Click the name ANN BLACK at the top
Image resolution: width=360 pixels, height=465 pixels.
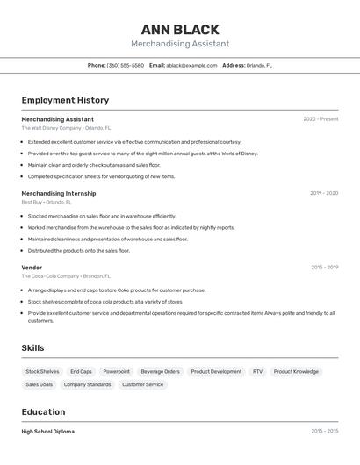pyautogui.click(x=180, y=30)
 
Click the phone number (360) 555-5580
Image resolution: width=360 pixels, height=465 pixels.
pyautogui.click(x=126, y=65)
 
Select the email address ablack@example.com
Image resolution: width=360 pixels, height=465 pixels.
pyautogui.click(x=191, y=65)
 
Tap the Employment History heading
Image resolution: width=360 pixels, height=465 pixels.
pyautogui.click(x=65, y=101)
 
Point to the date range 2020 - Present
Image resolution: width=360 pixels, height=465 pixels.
pyautogui.click(x=320, y=119)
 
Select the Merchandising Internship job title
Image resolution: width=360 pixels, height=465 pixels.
pyautogui.click(x=59, y=193)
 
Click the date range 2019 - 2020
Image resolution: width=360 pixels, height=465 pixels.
pyautogui.click(x=324, y=193)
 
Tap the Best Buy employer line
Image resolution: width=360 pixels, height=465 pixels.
pyautogui.click(x=47, y=202)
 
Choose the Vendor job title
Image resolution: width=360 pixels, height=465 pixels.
pyautogui.click(x=32, y=268)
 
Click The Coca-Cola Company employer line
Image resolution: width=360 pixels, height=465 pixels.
pyautogui.click(x=66, y=276)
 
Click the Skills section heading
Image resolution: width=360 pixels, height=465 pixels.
pyautogui.click(x=32, y=348)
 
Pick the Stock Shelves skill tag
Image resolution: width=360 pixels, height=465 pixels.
pyautogui.click(x=42, y=371)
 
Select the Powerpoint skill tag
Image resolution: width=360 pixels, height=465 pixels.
pyautogui.click(x=116, y=371)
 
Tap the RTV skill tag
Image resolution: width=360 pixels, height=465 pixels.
pyautogui.click(x=257, y=371)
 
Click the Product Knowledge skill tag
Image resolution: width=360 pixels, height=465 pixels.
pyautogui.click(x=296, y=371)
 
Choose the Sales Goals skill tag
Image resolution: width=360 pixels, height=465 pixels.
pyautogui.click(x=39, y=384)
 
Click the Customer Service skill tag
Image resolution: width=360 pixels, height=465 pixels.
pyautogui.click(x=142, y=384)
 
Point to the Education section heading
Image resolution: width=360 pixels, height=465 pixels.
pyautogui.click(x=43, y=412)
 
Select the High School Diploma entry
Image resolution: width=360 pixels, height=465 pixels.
pyautogui.click(x=47, y=432)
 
